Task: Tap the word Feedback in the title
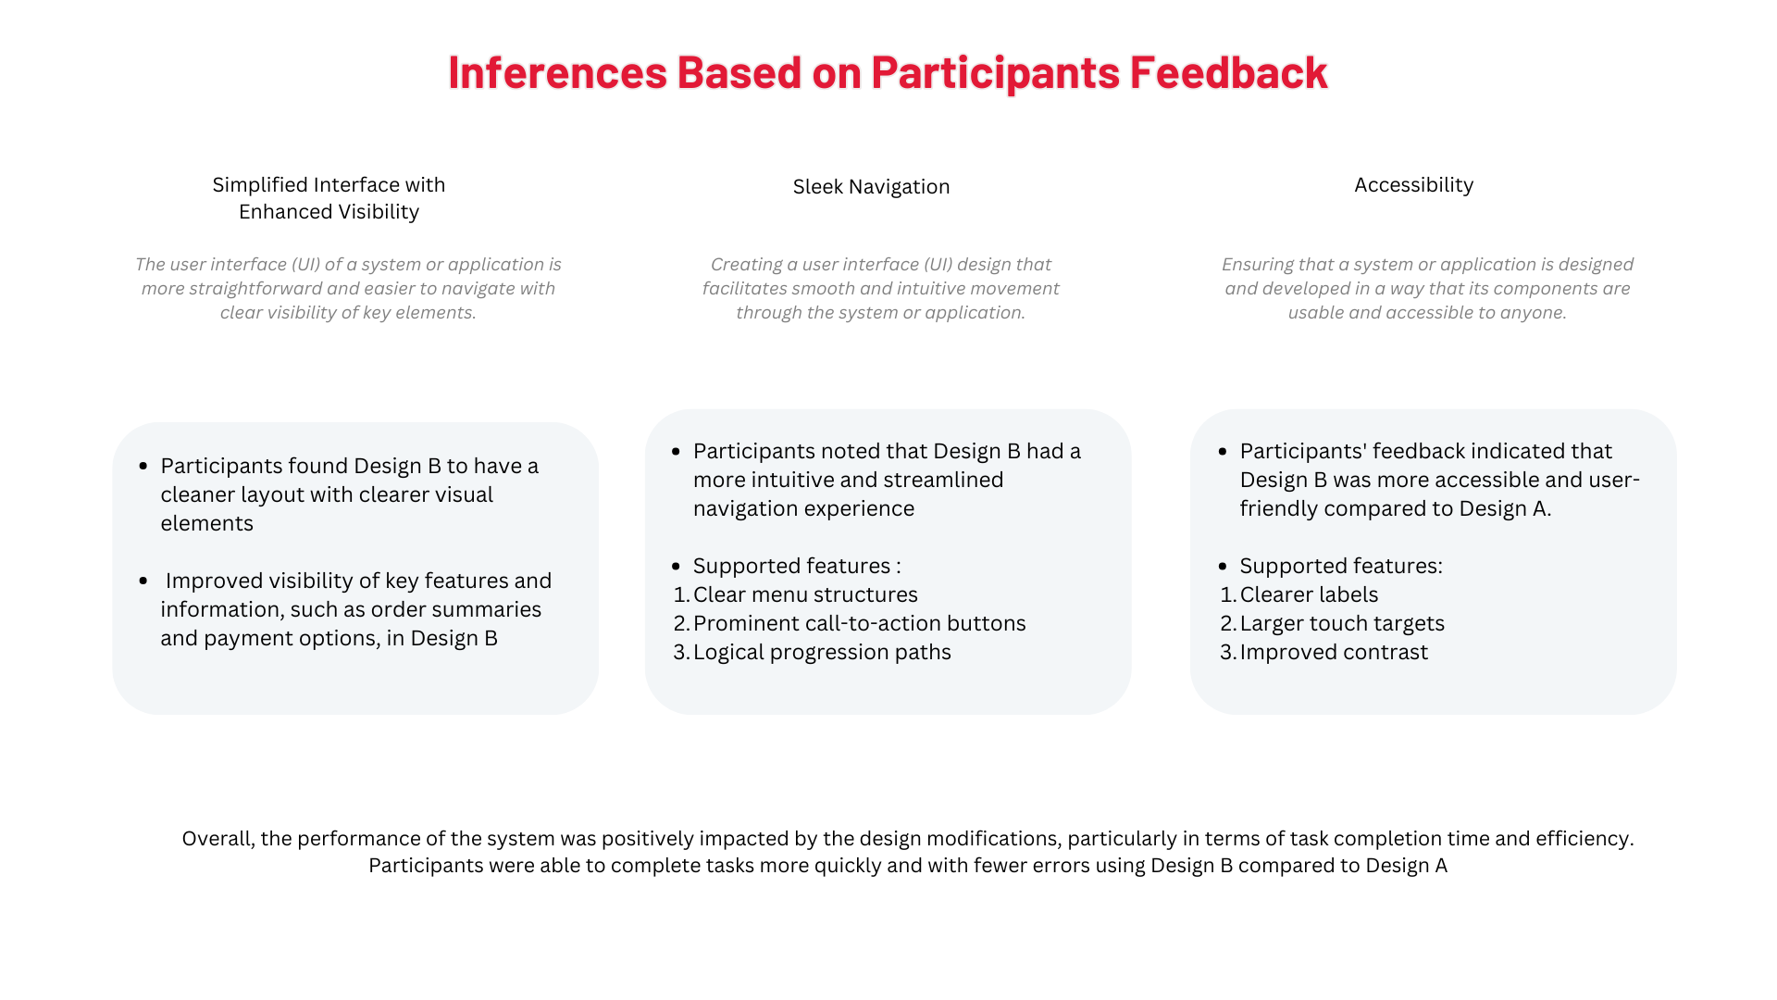click(x=1228, y=72)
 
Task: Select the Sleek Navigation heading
click(x=871, y=187)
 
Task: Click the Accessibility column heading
click(x=1413, y=185)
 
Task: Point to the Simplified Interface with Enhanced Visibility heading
click(x=329, y=198)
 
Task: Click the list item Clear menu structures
click(x=805, y=594)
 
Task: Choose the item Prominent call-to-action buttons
click(x=859, y=623)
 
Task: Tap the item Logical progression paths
click(x=822, y=652)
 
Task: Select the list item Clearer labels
click(x=1309, y=594)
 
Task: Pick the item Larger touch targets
click(x=1342, y=623)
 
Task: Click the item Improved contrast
click(x=1334, y=652)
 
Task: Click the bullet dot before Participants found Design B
click(x=143, y=467)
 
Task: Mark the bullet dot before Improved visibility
click(x=143, y=581)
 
